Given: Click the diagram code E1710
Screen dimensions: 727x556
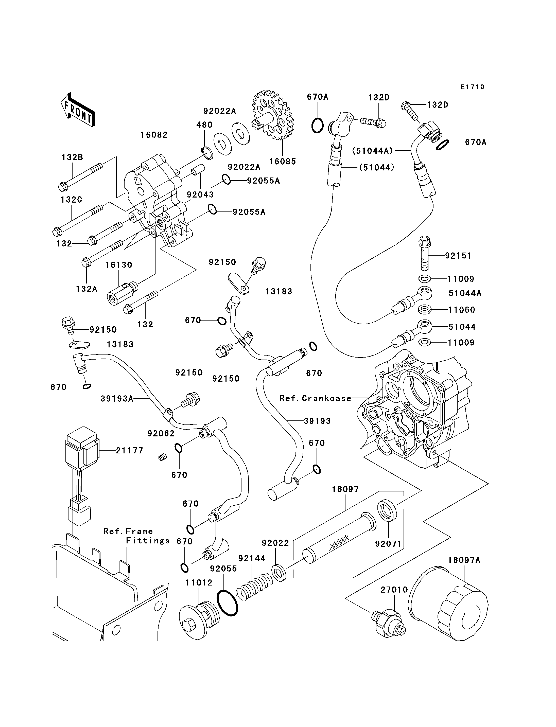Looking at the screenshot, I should (472, 87).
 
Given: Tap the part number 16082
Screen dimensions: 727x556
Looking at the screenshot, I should (154, 135).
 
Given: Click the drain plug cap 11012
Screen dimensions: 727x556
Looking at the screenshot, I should (199, 622).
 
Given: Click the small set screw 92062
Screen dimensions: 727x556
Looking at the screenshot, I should (162, 458).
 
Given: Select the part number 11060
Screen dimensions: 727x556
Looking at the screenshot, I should (462, 310).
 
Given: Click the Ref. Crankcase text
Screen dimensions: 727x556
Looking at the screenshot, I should (315, 398).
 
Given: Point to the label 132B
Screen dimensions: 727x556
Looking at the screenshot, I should (72, 157).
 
